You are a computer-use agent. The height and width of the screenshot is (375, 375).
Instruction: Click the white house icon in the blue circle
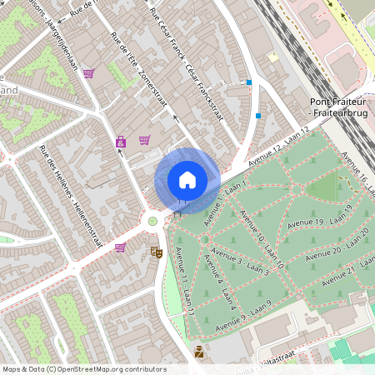tap(187, 179)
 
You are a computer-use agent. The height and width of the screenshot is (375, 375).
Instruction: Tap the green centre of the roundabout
tap(152, 222)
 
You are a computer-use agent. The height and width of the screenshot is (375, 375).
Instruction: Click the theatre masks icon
tap(157, 251)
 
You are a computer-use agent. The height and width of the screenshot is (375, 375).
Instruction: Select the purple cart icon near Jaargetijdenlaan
tap(88, 73)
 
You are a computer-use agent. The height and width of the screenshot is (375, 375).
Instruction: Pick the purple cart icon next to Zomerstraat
tap(144, 140)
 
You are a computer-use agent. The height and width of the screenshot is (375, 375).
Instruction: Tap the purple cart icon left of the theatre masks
tap(120, 247)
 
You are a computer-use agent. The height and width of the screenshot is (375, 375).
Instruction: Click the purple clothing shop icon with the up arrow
tap(121, 142)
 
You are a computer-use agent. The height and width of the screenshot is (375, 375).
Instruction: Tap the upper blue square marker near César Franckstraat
tap(249, 82)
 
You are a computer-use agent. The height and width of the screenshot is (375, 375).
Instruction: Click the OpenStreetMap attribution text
tap(84, 369)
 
